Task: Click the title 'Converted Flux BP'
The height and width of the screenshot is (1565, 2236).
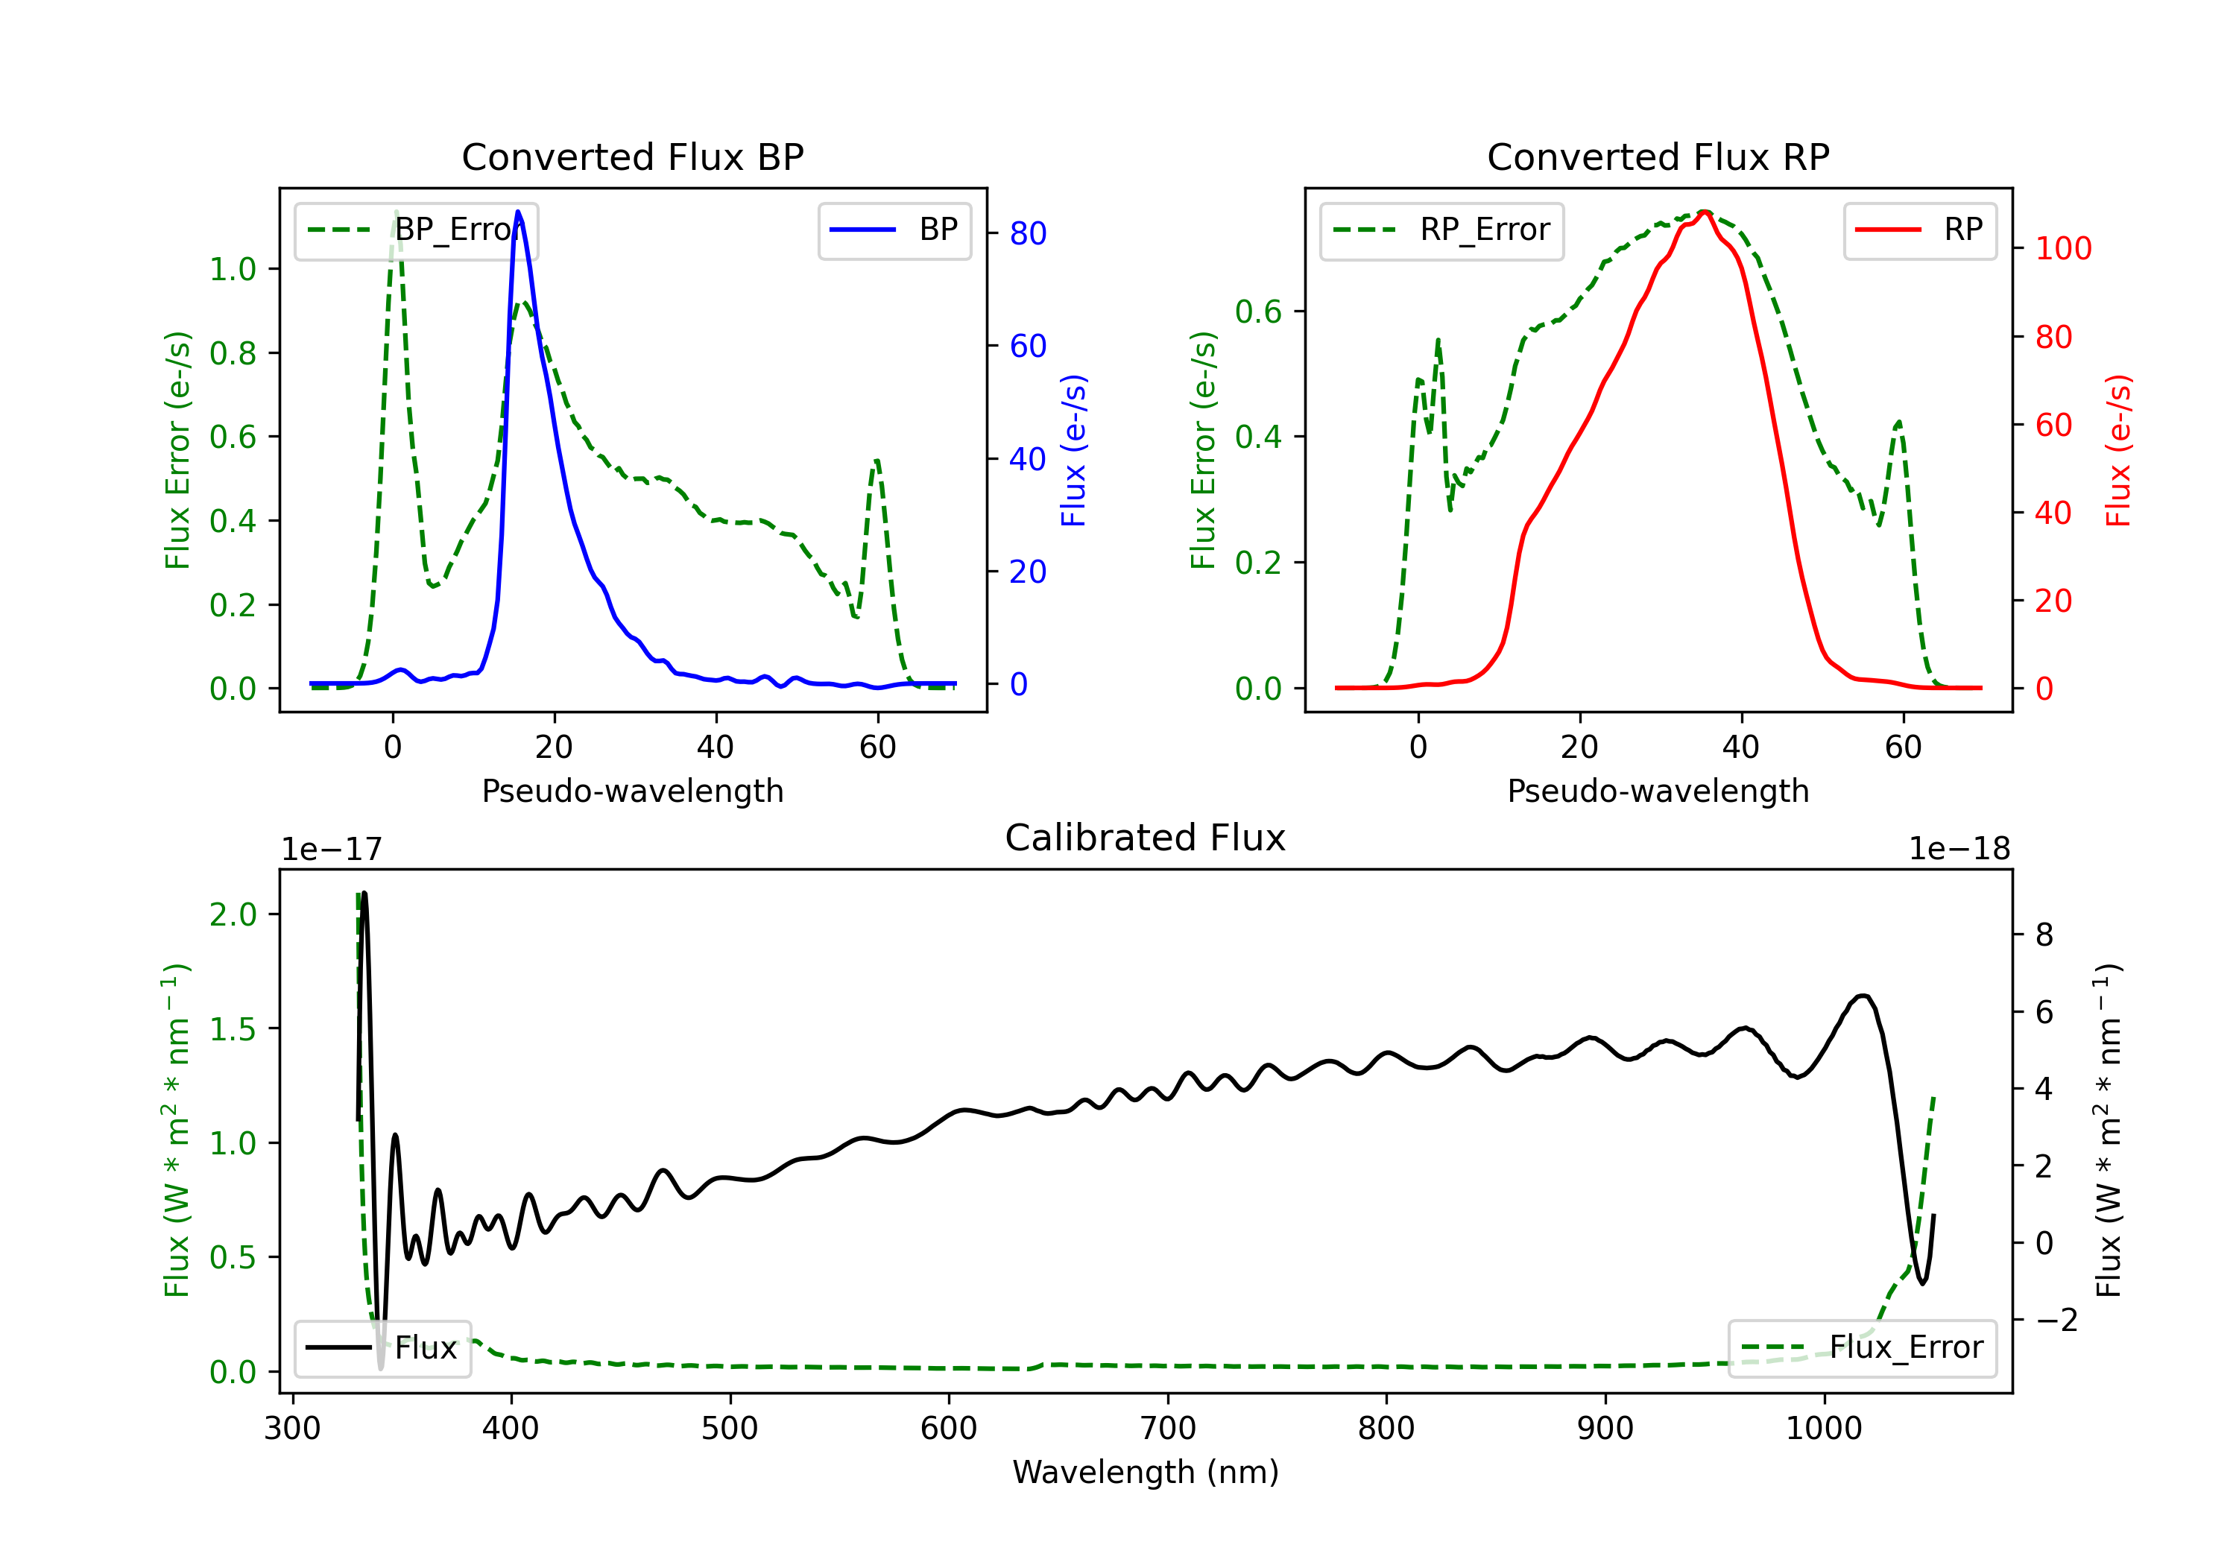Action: [x=632, y=156]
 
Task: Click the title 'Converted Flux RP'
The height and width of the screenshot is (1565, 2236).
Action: [x=1658, y=156]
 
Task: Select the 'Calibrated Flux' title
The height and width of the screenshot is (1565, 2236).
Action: [x=1146, y=838]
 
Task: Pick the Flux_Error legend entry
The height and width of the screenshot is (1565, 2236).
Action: [x=1862, y=1348]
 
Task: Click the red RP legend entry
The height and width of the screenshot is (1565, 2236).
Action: [x=1919, y=230]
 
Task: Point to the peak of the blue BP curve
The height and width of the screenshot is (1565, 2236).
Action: [x=518, y=212]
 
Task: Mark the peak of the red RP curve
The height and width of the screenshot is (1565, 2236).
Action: [x=1705, y=212]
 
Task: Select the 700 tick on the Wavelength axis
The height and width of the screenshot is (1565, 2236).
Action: [x=1168, y=1429]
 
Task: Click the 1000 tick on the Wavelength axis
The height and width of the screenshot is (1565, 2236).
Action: [x=1824, y=1429]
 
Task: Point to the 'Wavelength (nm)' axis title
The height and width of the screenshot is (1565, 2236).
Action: [x=1146, y=1473]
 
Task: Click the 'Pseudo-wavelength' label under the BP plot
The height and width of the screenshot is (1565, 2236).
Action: [x=633, y=791]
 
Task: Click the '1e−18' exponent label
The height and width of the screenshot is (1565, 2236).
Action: [x=1959, y=850]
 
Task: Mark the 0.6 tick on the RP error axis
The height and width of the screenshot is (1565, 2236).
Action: [x=1258, y=312]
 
